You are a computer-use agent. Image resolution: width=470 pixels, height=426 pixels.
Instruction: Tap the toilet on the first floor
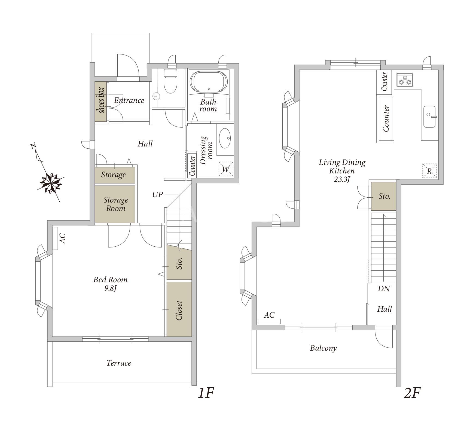click(x=171, y=81)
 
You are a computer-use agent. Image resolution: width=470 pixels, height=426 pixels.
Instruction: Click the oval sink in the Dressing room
click(x=225, y=138)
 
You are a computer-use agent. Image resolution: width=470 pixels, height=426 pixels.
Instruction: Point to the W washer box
click(x=226, y=169)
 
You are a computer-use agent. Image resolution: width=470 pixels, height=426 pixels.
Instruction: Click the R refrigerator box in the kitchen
click(x=429, y=171)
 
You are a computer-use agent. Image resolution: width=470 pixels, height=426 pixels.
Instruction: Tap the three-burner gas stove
click(x=405, y=80)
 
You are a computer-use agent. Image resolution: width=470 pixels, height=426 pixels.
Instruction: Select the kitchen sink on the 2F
click(x=430, y=117)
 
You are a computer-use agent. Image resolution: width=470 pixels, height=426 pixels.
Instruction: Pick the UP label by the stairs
click(x=157, y=194)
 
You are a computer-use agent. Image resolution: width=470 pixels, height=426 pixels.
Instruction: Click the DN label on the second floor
click(x=384, y=289)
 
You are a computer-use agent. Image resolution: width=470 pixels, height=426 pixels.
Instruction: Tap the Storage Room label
click(x=116, y=204)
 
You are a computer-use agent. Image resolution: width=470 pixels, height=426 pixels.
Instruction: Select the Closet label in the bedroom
click(x=179, y=310)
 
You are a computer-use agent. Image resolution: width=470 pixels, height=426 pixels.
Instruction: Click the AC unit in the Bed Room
click(x=56, y=238)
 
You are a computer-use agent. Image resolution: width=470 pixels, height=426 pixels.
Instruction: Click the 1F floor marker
click(x=206, y=393)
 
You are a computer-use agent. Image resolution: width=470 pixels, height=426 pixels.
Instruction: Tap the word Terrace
click(x=119, y=363)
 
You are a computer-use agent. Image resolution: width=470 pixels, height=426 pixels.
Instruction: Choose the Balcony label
click(x=323, y=348)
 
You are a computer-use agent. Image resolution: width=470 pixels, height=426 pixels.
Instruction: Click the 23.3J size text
click(x=342, y=179)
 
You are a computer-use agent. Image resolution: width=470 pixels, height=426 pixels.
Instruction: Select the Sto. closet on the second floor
click(x=384, y=196)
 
